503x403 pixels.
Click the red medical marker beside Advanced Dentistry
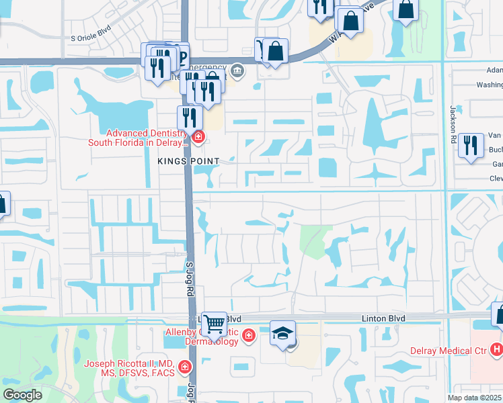click(198, 138)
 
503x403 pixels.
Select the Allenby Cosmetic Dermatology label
click(202, 337)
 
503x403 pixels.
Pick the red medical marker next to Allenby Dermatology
click(249, 334)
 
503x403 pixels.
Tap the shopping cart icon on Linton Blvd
click(214, 324)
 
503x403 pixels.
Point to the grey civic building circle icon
click(237, 70)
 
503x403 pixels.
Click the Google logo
click(22, 396)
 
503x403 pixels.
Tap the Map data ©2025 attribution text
click(474, 398)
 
